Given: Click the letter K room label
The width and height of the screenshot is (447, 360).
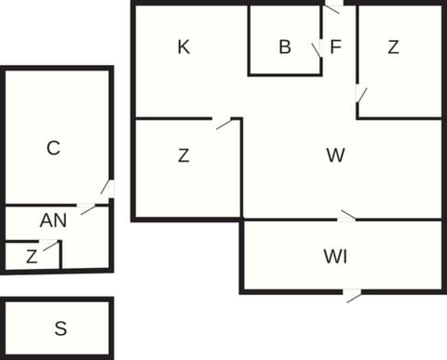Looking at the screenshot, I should pyautogui.click(x=183, y=47).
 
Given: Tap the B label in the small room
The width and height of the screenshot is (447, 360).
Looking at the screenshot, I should pyautogui.click(x=285, y=47).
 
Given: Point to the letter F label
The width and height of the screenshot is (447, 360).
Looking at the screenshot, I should pyautogui.click(x=335, y=47).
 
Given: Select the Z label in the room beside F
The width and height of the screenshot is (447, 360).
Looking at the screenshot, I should pyautogui.click(x=394, y=47).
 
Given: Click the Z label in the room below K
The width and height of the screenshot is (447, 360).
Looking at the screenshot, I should pyautogui.click(x=183, y=156).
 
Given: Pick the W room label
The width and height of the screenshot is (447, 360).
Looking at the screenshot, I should pyautogui.click(x=335, y=155).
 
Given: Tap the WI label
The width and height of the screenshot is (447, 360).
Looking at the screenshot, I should pyautogui.click(x=335, y=256).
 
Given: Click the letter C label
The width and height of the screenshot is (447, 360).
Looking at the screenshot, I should pyautogui.click(x=53, y=147).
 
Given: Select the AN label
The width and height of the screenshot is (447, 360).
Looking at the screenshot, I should pyautogui.click(x=53, y=220).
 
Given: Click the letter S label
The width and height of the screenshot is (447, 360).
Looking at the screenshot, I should pyautogui.click(x=61, y=327).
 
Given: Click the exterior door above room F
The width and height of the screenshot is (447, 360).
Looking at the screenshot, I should pyautogui.click(x=332, y=7).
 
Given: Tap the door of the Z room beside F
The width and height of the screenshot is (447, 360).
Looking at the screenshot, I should pyautogui.click(x=359, y=95).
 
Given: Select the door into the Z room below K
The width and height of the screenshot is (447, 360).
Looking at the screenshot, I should pyautogui.click(x=223, y=122).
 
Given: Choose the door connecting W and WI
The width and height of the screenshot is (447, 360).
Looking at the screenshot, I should pyautogui.click(x=347, y=217).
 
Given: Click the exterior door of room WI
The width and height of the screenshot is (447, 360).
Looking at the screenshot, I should pyautogui.click(x=352, y=295).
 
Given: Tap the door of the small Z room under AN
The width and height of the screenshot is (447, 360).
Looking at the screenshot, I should pyautogui.click(x=49, y=246).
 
